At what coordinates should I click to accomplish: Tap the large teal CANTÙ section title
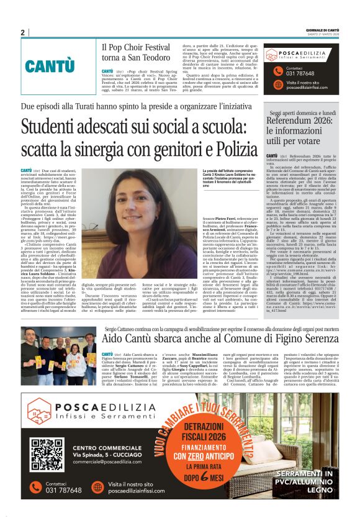(50, 66)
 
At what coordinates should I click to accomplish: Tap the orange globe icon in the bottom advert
(96, 487)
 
